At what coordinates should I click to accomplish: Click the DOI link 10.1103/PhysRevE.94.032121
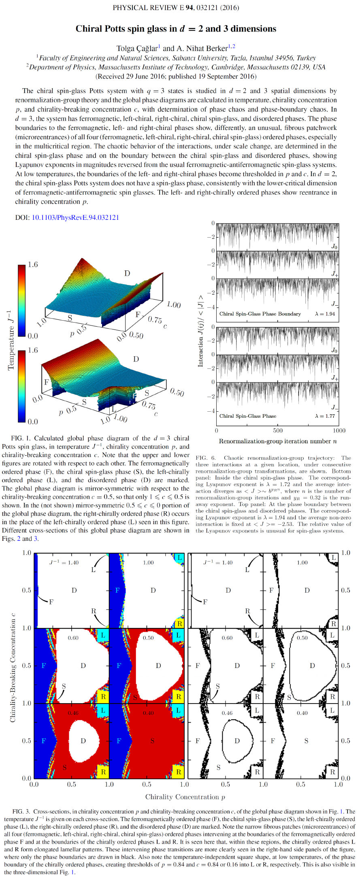point(75,217)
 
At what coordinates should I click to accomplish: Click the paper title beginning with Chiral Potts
point(176,29)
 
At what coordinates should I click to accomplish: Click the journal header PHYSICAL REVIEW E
point(149,8)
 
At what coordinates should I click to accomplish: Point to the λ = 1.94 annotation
point(325,314)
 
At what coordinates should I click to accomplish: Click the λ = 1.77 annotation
point(325,416)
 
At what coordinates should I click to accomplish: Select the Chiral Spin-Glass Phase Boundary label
point(260,314)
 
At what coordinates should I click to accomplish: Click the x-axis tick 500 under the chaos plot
point(278,430)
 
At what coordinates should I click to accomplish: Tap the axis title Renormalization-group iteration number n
point(278,441)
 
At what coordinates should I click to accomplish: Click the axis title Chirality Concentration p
point(185,797)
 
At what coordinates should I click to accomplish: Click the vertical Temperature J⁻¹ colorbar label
point(11,340)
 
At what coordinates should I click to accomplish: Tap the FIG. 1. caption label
point(20,438)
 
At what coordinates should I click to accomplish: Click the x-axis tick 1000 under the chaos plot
point(339,430)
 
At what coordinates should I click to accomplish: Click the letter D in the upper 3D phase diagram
point(127,273)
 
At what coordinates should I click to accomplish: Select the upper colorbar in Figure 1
point(21,300)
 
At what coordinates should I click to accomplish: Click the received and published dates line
point(176,76)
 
